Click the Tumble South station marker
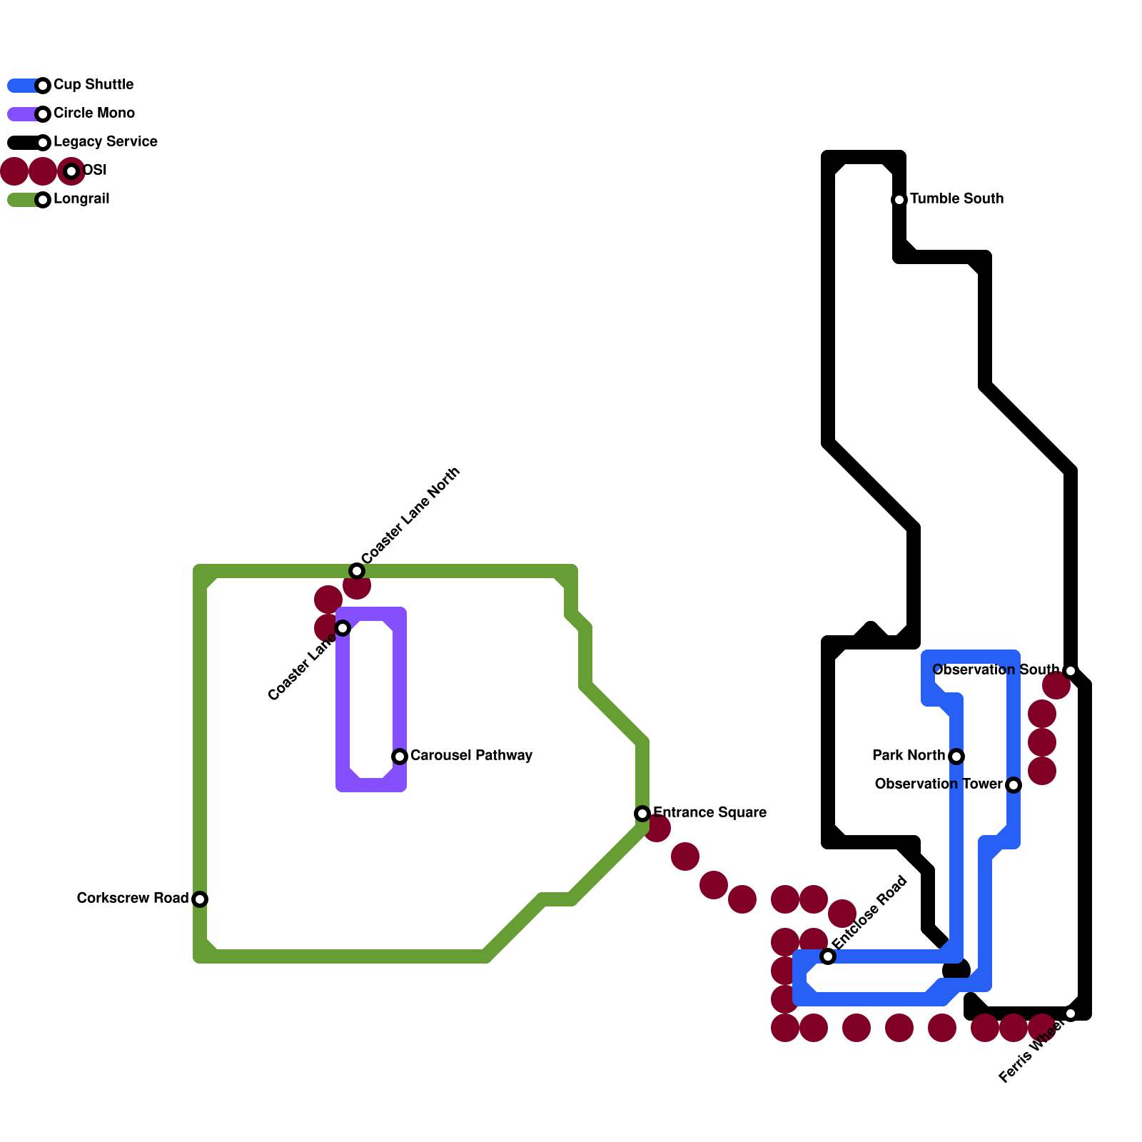click(x=899, y=200)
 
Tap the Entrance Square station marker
click(x=642, y=814)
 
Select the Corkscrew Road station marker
click(x=200, y=899)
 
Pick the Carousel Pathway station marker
click(x=400, y=757)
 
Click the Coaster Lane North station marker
click(x=357, y=571)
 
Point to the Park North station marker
click(x=956, y=757)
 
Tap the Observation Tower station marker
click(x=1014, y=785)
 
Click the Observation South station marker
click(x=1070, y=671)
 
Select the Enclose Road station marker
click(x=828, y=956)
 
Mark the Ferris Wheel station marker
click(x=1070, y=1014)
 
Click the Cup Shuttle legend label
click(x=94, y=85)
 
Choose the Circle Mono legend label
click(x=94, y=113)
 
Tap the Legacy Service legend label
click(x=106, y=142)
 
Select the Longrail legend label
click(x=81, y=199)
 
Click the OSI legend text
click(x=95, y=171)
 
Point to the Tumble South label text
click(x=956, y=199)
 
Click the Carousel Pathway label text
click(x=471, y=756)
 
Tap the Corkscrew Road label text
click(x=133, y=899)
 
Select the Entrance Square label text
click(x=709, y=813)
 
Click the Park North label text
click(x=909, y=756)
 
